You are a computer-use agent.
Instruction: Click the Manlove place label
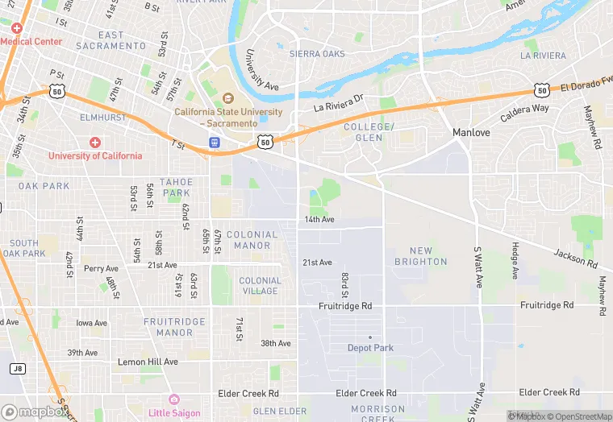pos(471,132)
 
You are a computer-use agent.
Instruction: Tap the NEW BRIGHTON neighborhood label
pos(420,256)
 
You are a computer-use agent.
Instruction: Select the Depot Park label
pos(370,348)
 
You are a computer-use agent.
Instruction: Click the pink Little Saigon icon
pos(173,399)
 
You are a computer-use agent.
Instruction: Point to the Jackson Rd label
pos(576,259)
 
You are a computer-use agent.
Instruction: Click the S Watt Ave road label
pos(477,269)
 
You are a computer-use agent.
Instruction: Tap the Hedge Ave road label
pos(514,261)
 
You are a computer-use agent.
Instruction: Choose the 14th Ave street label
pos(319,219)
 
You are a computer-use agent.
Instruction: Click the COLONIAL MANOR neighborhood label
pos(252,240)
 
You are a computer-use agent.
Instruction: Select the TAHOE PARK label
pos(176,188)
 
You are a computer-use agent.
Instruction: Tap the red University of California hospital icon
pos(95,142)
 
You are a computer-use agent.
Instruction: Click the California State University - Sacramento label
pos(229,117)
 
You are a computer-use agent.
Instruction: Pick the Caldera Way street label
pos(524,108)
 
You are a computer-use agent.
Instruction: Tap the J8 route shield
pos(17,368)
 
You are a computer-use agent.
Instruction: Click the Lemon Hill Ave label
pos(148,362)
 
